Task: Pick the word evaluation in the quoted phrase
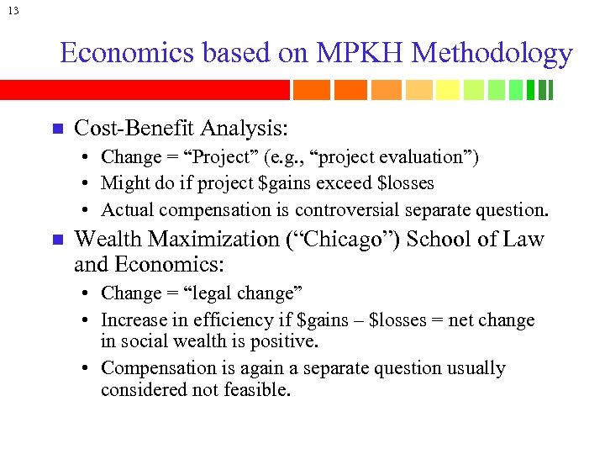[427, 157]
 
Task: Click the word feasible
[260, 389]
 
